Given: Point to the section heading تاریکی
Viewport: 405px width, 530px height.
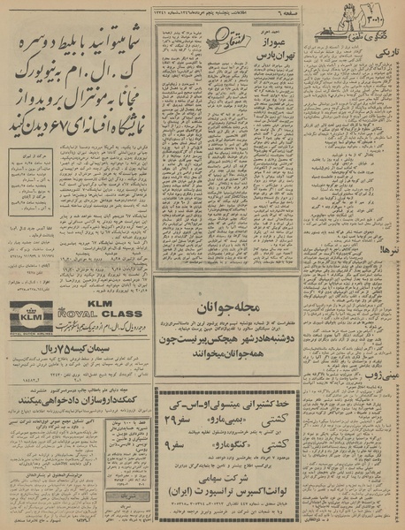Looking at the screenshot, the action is [387, 55].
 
